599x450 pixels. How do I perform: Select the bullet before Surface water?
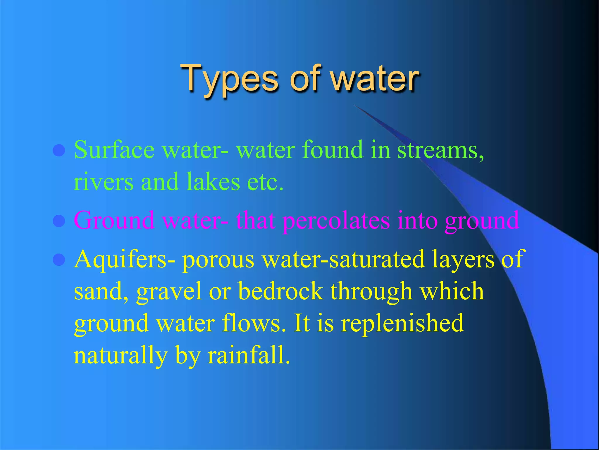pyautogui.click(x=59, y=151)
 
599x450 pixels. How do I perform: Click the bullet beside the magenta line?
pyautogui.click(x=59, y=221)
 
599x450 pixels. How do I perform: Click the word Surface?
pyautogui.click(x=114, y=150)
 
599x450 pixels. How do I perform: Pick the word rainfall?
pyautogui.click(x=249, y=355)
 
